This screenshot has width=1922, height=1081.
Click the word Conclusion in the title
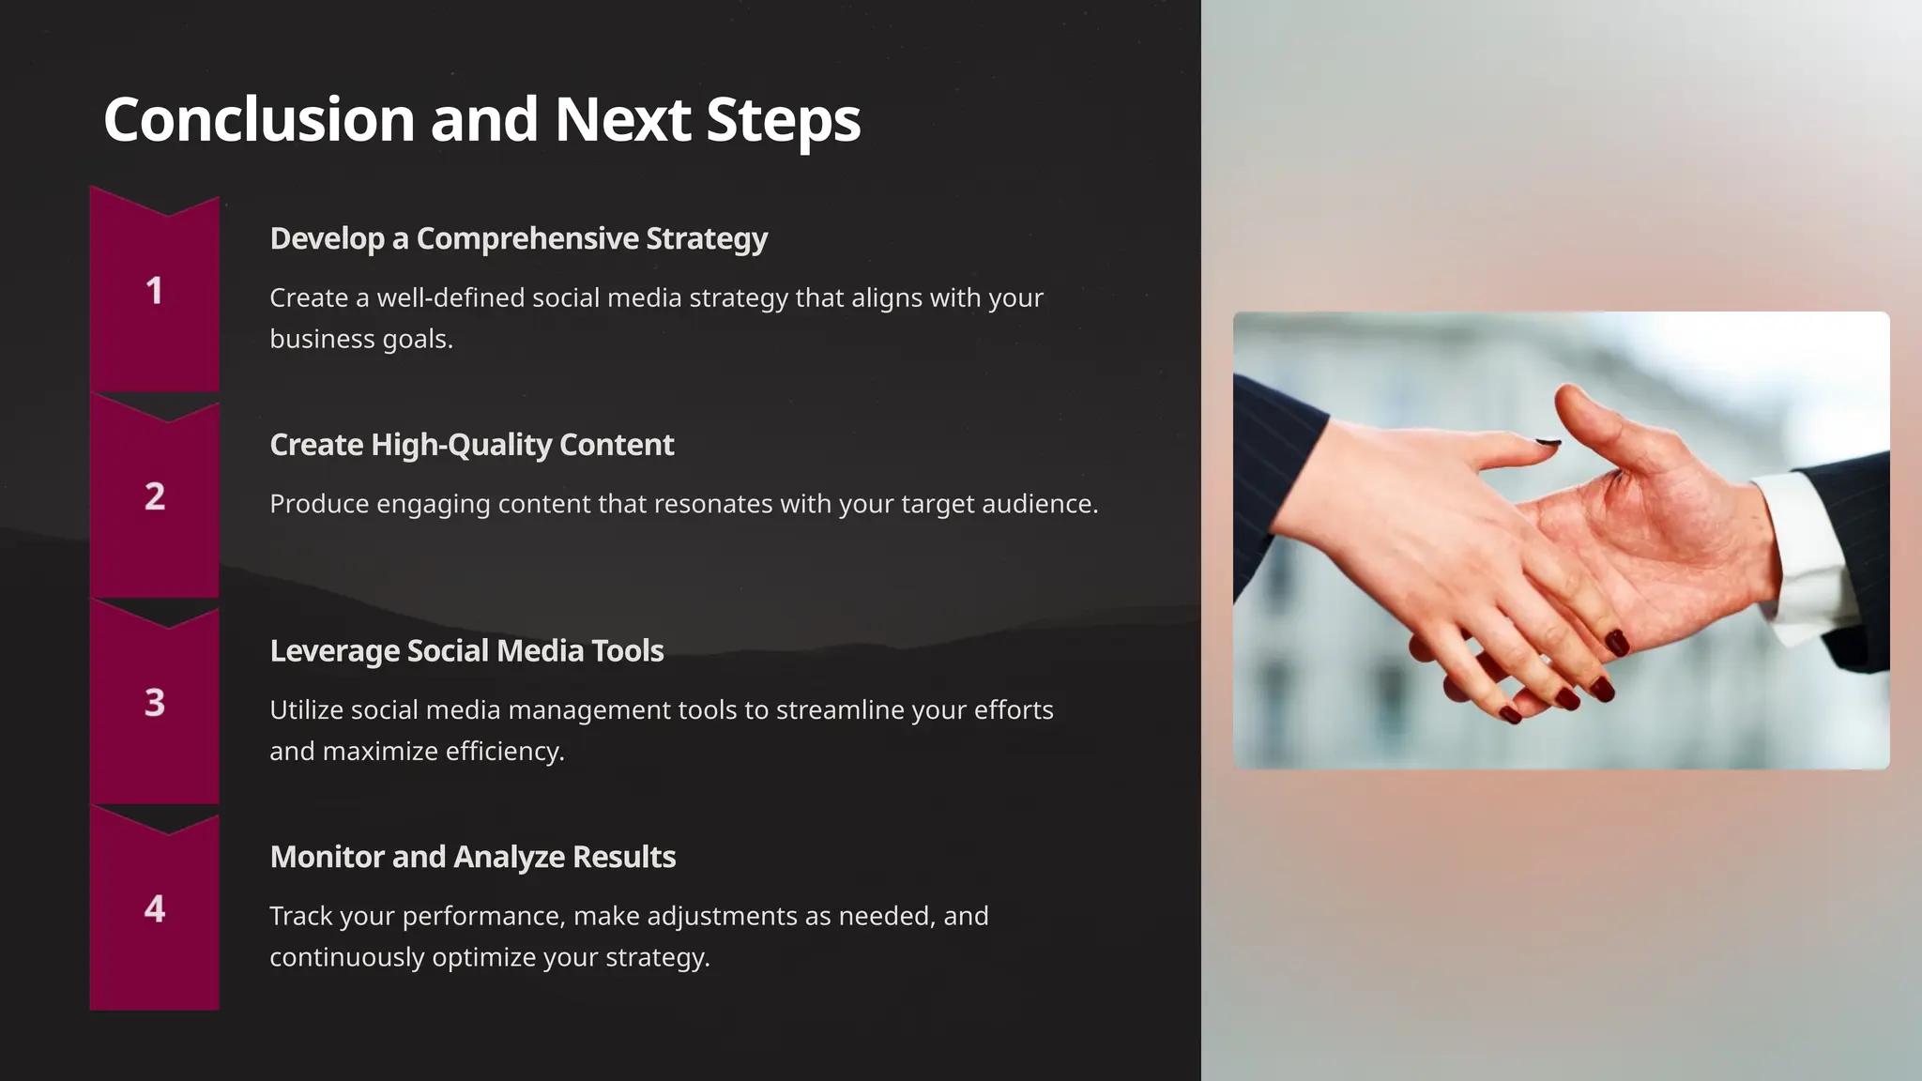(x=259, y=120)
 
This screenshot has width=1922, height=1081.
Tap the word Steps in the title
(x=783, y=120)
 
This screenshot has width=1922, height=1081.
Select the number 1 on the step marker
(x=155, y=291)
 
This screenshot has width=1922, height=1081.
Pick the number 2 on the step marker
(x=155, y=496)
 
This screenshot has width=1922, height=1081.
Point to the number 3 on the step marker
(x=155, y=703)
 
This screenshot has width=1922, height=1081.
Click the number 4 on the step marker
(x=155, y=908)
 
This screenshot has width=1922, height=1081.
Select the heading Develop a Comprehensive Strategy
(x=518, y=238)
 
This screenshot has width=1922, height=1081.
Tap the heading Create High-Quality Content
(x=471, y=445)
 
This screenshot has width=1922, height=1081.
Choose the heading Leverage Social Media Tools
(x=466, y=650)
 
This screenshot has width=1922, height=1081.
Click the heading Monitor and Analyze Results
(x=472, y=857)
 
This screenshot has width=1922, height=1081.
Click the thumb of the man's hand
(x=1595, y=422)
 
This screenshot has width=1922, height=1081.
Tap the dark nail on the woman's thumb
(x=1548, y=441)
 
